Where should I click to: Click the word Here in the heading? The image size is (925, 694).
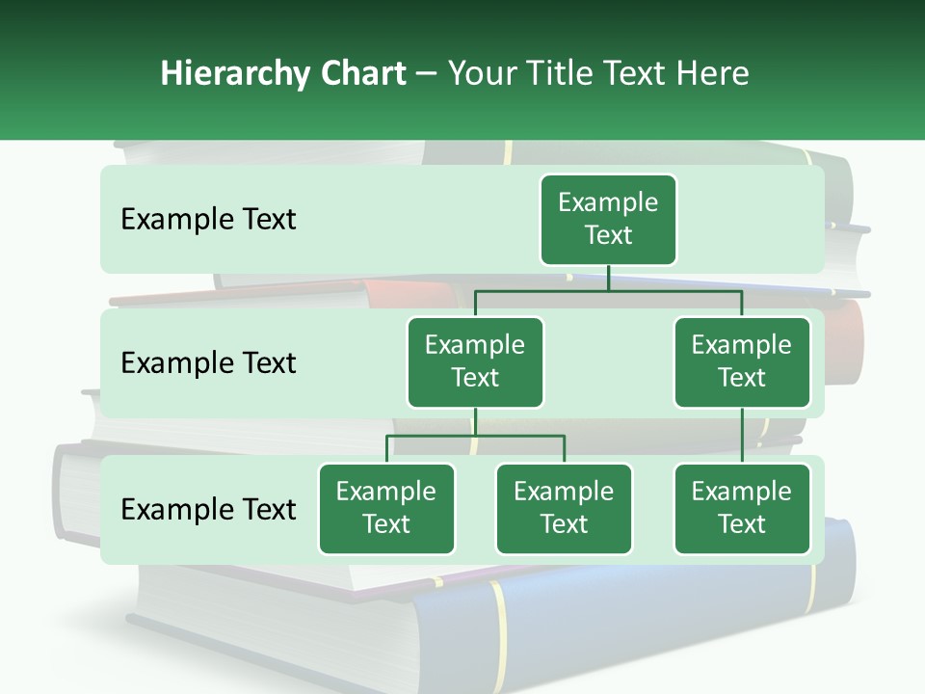pos(713,74)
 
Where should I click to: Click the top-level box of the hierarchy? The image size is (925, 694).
pos(608,220)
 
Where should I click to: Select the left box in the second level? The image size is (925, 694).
pos(475,362)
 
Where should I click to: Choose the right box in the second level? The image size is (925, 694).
pos(742,362)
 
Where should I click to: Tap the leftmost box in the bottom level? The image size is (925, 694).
pos(386,509)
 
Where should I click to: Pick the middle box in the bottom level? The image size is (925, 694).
pos(564,509)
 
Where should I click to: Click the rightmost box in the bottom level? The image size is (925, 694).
pos(742,509)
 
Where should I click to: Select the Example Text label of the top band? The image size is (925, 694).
pos(208,220)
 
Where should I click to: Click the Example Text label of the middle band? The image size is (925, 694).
pos(208,363)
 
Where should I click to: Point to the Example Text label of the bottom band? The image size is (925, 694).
pos(208,510)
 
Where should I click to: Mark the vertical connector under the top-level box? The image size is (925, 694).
pos(608,278)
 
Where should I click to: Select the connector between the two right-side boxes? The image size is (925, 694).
pos(742,436)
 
